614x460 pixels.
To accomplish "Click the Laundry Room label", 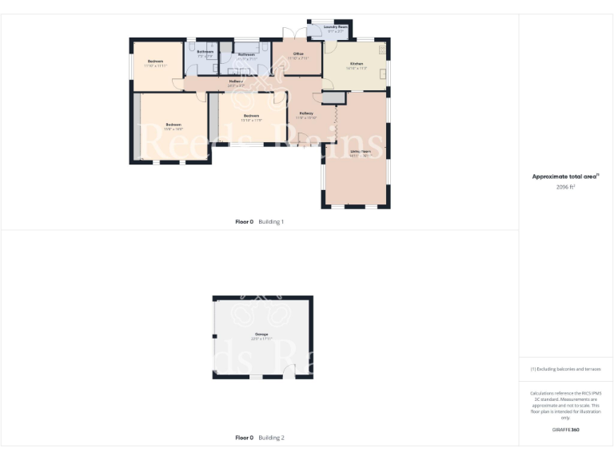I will [336, 27].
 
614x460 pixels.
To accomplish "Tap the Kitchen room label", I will [356, 63].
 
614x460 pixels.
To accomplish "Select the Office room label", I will [297, 54].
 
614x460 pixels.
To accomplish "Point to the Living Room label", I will [360, 151].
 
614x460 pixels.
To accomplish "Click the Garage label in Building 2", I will [261, 334].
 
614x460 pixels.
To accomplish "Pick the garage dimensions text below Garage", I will [261, 339].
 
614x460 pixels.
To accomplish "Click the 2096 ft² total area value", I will [565, 186].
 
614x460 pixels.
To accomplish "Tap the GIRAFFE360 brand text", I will [565, 430].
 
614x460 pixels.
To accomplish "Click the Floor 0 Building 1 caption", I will [260, 221].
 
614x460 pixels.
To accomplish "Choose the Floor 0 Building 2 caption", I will [260, 438].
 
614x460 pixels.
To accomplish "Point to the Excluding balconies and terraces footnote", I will [565, 369].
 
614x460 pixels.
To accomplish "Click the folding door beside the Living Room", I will [337, 121].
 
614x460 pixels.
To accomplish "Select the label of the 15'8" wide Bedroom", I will [173, 125].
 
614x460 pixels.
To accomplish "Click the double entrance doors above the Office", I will [289, 34].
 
